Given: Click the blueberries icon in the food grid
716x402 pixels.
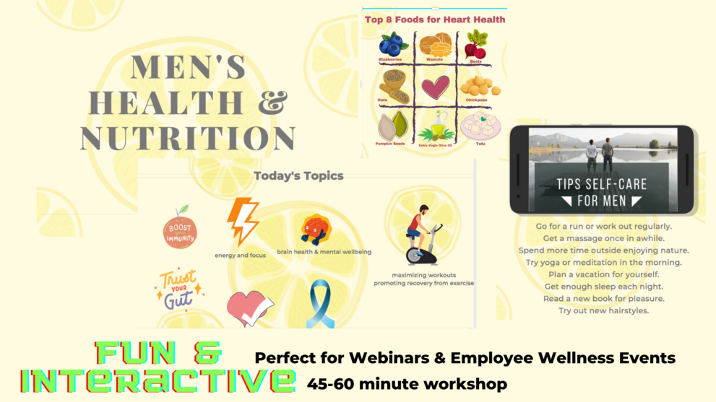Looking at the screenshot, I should point(394,43).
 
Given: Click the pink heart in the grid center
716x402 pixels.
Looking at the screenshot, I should point(435,88).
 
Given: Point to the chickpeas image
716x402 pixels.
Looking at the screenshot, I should point(476,87).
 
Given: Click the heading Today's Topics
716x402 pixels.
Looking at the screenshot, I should point(298,175).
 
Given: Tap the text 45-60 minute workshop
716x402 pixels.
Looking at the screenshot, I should point(407,383).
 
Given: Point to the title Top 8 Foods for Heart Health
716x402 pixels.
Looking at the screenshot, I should point(434,19).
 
